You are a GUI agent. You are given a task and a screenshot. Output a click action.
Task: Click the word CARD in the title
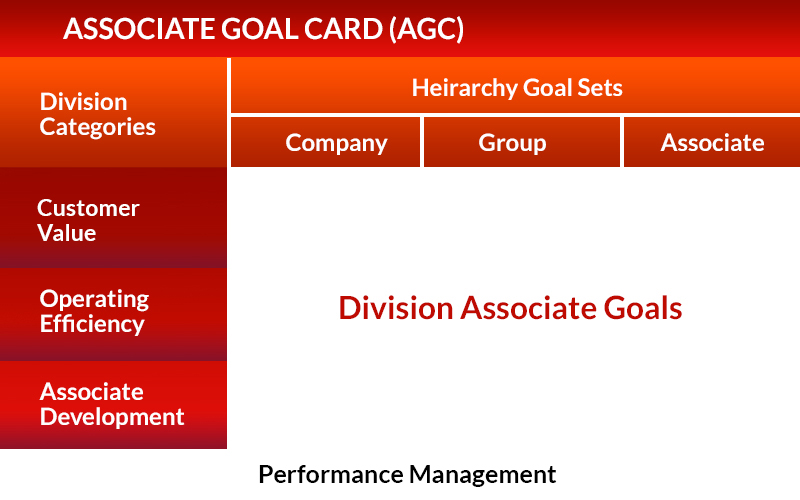343,29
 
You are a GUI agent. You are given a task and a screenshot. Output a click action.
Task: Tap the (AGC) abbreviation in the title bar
427,29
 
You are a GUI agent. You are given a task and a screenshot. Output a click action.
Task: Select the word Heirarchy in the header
464,88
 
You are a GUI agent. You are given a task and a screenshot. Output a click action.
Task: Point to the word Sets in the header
600,88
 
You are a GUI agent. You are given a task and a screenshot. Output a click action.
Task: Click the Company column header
326,142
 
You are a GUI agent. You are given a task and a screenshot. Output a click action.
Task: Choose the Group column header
522,142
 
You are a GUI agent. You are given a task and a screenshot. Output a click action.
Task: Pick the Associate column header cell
712,142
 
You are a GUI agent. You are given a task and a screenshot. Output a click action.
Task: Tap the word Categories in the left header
97,128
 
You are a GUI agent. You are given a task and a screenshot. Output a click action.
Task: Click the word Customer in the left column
88,208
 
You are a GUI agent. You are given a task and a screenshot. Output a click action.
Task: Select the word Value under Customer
67,233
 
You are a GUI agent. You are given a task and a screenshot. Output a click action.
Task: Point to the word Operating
94,299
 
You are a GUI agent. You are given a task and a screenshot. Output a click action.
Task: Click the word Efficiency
92,324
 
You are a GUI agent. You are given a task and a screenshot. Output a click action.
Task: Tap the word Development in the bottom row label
112,417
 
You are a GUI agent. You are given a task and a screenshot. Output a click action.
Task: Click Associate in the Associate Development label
92,392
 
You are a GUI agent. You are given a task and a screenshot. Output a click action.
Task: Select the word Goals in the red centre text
643,308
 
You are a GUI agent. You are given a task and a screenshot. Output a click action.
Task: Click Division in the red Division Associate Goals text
396,308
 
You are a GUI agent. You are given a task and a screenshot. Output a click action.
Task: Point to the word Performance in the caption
331,474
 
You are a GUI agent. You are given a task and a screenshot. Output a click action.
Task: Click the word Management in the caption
483,475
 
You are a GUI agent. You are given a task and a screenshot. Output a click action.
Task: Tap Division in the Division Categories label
84,102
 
